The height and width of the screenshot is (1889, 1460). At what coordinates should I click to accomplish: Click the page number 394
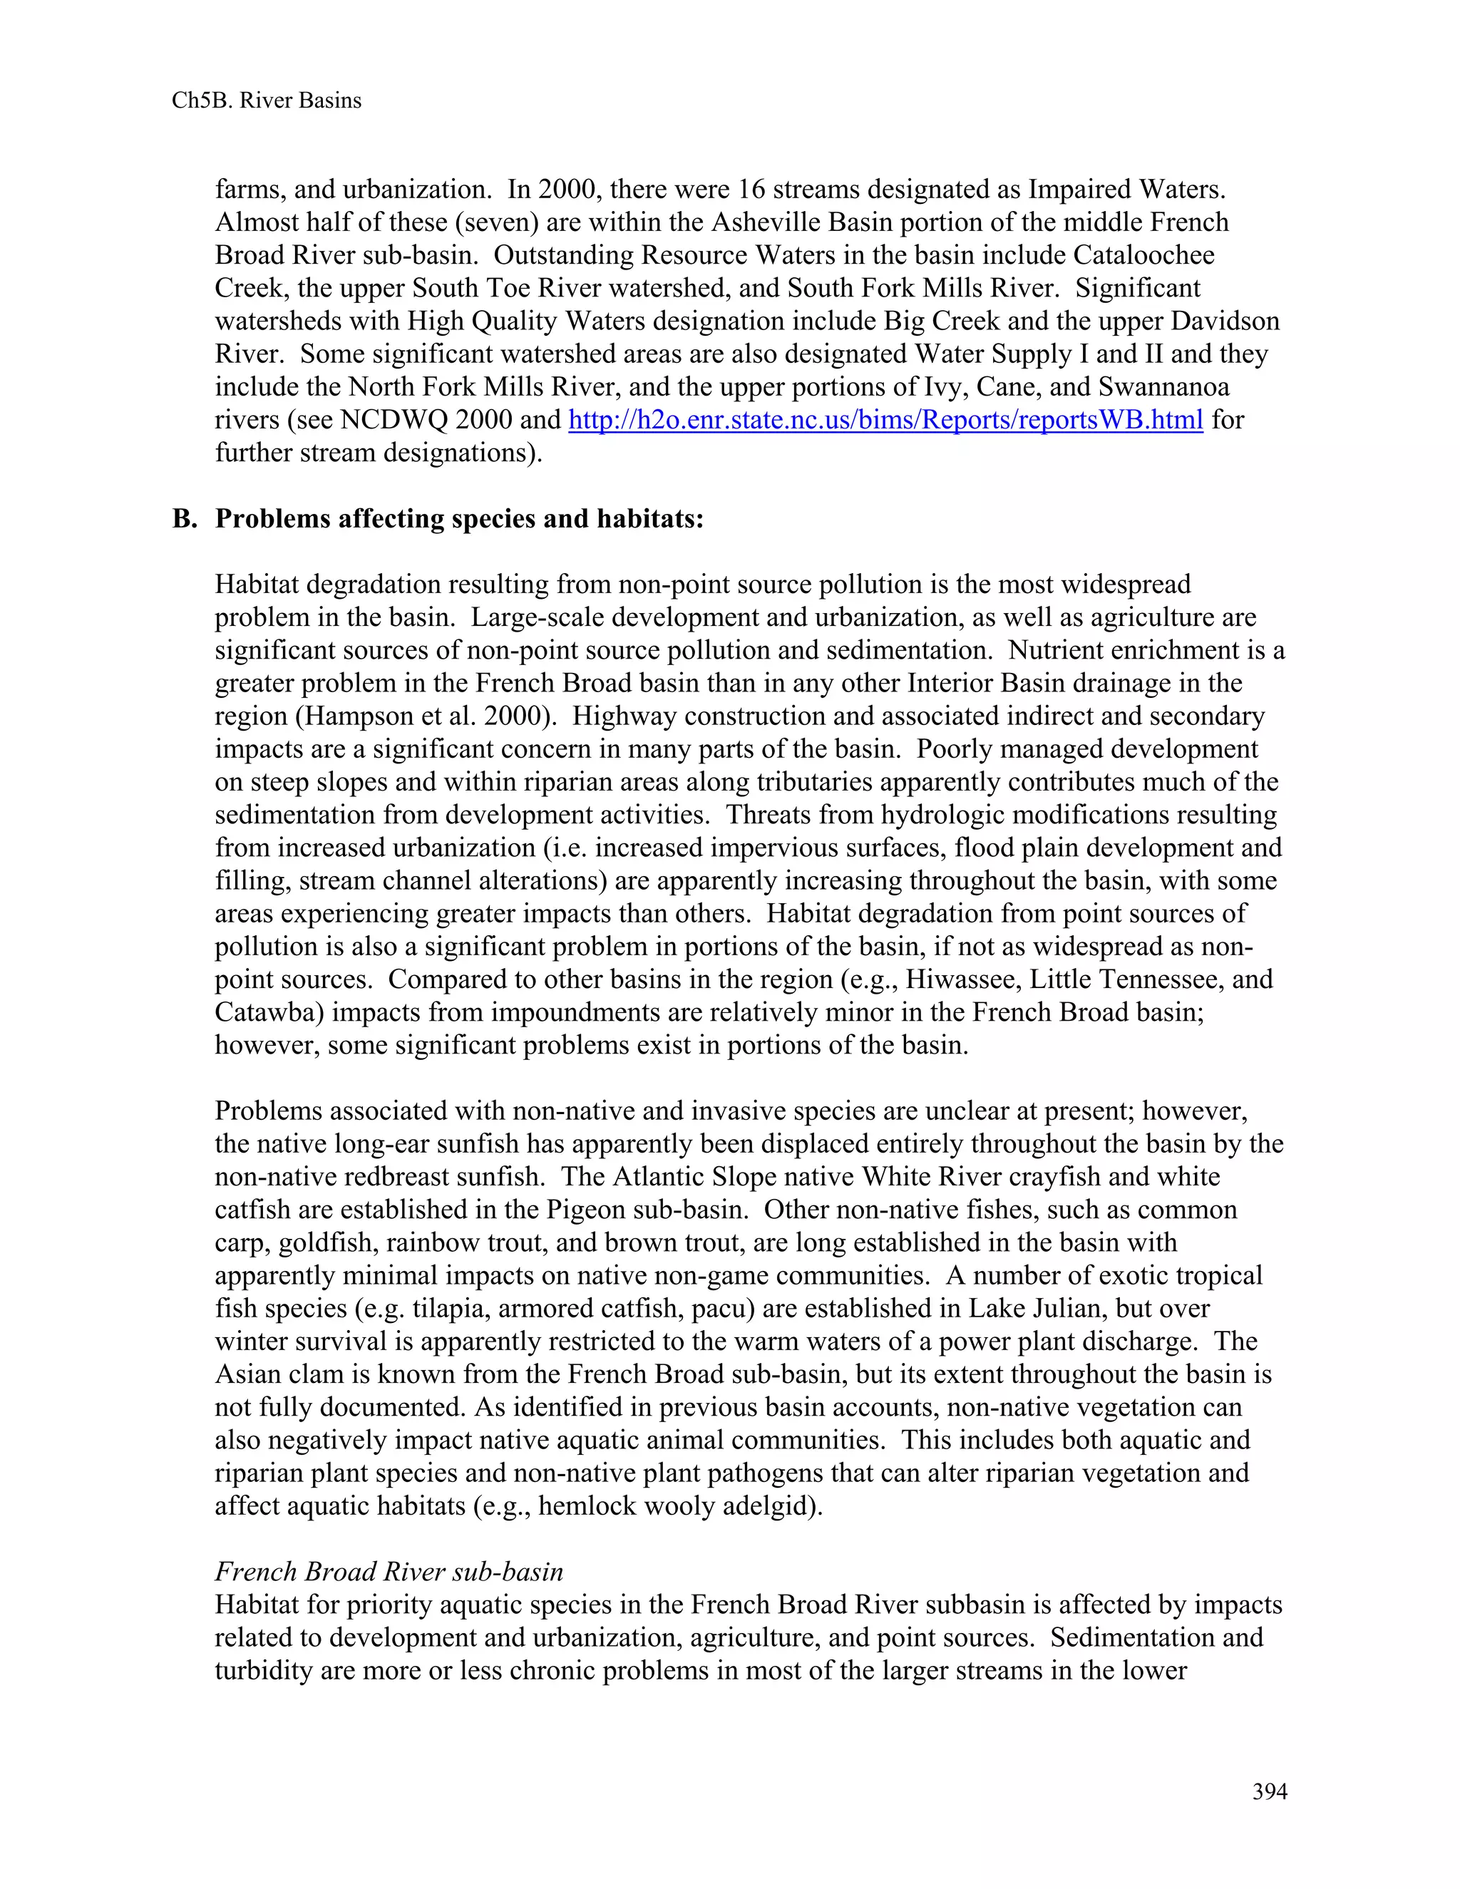coord(1270,1791)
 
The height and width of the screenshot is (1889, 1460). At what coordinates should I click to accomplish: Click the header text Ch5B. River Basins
coord(267,101)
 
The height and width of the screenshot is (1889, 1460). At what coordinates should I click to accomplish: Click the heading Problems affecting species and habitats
coord(459,518)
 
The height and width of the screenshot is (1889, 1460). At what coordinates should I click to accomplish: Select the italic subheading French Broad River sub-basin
coord(389,1572)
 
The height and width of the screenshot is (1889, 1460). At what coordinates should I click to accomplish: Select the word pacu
coord(722,1309)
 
